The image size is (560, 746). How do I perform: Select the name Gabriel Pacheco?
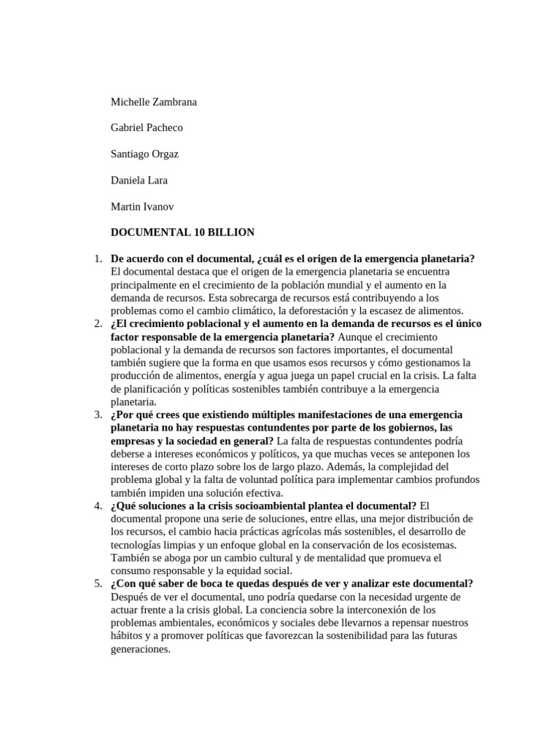tap(147, 127)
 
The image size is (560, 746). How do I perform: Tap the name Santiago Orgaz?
tap(144, 154)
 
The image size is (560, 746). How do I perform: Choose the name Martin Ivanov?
tap(142, 206)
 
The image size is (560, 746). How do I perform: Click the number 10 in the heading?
tap(200, 232)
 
